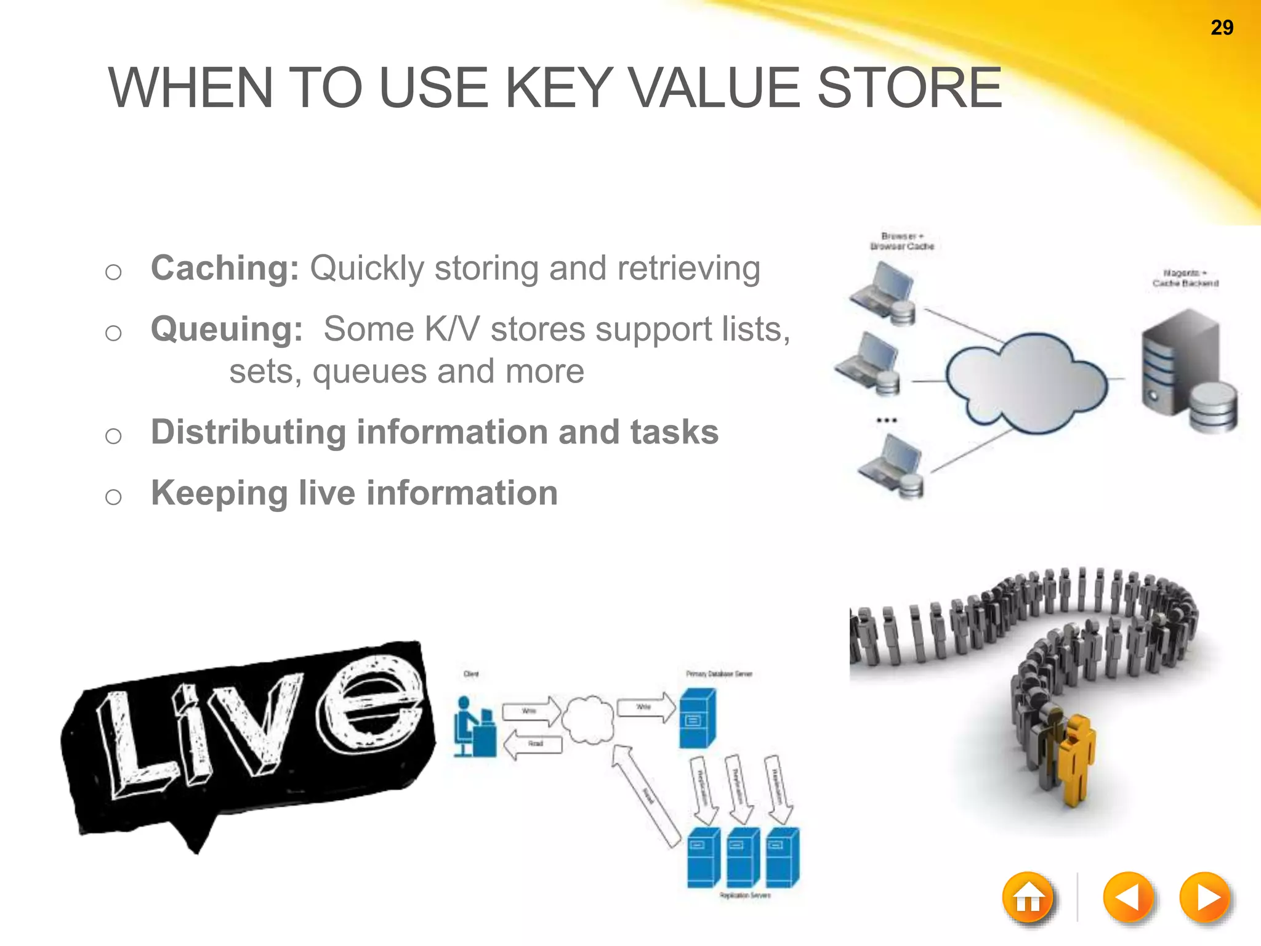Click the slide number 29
click(x=1222, y=28)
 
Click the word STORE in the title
click(x=909, y=88)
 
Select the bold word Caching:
click(x=225, y=268)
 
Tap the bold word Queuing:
click(x=227, y=328)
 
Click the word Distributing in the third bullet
click(x=248, y=432)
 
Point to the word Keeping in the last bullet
click(x=219, y=493)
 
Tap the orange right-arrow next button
click(x=1205, y=897)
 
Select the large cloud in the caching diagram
click(x=1025, y=382)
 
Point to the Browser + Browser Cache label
click(x=901, y=241)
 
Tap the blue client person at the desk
click(x=474, y=727)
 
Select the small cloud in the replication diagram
click(x=589, y=719)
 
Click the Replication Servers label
click(x=745, y=895)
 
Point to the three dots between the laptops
click(x=887, y=420)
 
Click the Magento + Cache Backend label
click(x=1185, y=278)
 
